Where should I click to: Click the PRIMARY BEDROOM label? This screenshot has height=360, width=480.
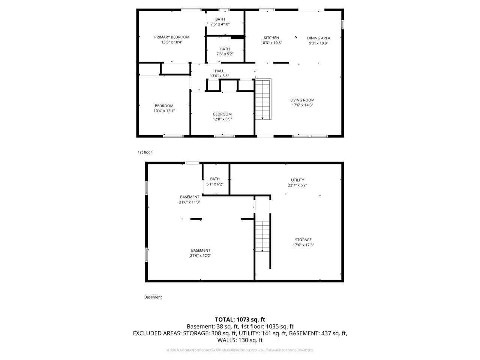point(172,37)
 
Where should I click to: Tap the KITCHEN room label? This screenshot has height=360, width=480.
point(271,38)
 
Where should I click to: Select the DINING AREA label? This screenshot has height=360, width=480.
point(318,38)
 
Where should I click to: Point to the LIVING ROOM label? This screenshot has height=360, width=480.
point(302,100)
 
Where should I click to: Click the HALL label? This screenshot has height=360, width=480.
point(219,71)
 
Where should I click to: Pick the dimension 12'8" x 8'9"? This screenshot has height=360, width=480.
point(222,119)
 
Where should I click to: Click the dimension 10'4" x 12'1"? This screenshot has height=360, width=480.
point(164,111)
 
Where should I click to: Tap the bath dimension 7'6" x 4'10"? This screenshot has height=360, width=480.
point(220,24)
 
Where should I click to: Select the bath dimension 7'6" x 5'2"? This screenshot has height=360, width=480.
point(225,54)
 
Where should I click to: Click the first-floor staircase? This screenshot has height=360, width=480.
point(262,99)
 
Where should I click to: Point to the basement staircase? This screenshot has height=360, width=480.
point(262,236)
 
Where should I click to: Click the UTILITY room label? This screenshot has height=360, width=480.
point(297,180)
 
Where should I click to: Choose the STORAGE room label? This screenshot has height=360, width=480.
point(303,240)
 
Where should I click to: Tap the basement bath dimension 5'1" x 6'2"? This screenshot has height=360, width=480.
point(215,184)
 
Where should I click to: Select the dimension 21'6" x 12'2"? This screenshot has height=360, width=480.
point(201,256)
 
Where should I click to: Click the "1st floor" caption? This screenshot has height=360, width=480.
point(145,152)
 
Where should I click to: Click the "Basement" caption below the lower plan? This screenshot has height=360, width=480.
point(153,297)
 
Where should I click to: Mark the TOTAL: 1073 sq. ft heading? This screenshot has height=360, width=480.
point(240,319)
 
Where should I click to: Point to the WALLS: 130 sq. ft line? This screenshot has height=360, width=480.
point(240,340)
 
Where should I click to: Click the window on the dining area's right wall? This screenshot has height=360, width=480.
point(342,24)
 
